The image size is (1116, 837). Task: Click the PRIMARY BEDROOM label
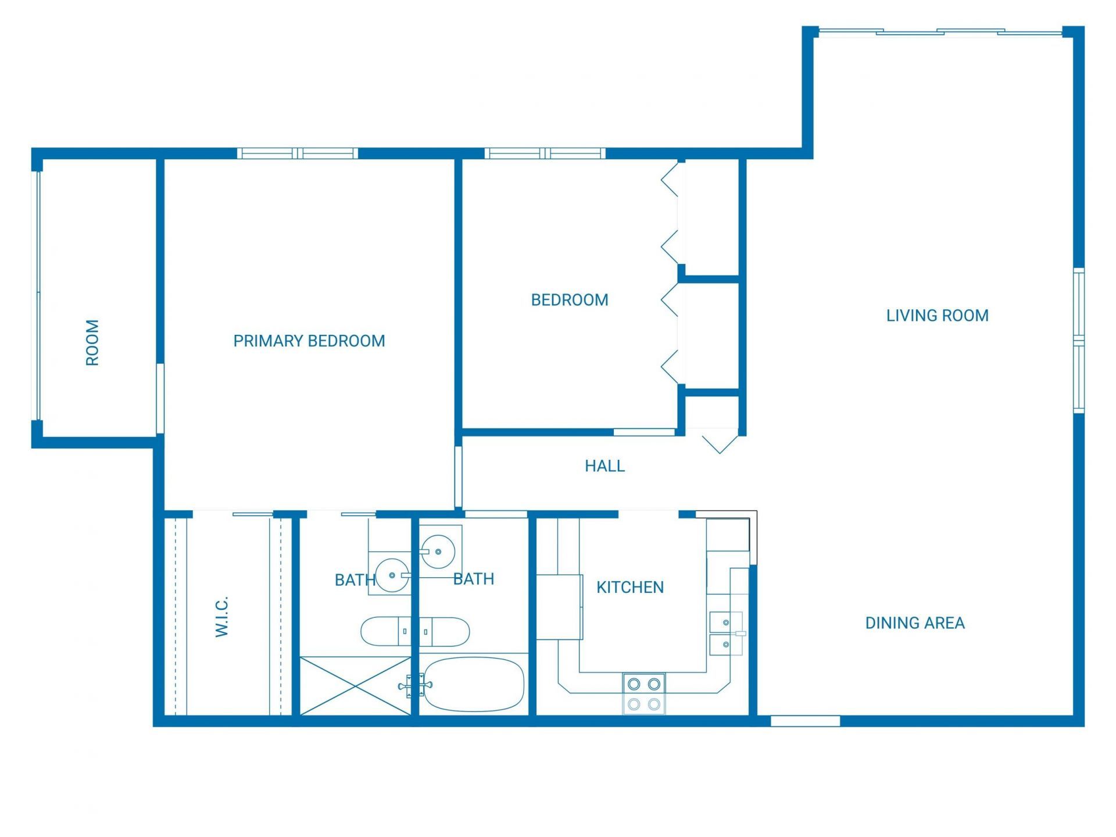(x=309, y=341)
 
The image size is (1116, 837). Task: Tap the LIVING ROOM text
(x=937, y=316)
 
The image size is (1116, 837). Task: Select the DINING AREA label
(x=914, y=623)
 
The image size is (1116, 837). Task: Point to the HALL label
(x=604, y=466)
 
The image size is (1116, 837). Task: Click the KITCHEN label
(x=629, y=587)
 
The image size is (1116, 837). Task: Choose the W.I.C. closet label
(x=222, y=616)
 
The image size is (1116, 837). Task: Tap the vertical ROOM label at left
(x=92, y=342)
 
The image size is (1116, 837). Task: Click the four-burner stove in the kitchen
(x=644, y=693)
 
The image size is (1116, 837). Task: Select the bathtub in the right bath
(x=474, y=684)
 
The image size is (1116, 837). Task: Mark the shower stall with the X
(x=355, y=686)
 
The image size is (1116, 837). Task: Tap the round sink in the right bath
(x=438, y=551)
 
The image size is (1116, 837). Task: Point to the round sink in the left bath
(x=392, y=575)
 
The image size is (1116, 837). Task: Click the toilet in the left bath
(x=381, y=631)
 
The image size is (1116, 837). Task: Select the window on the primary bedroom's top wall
(x=298, y=153)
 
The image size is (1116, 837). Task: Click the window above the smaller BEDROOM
(x=545, y=153)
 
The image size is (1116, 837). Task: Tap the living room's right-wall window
(x=1078, y=341)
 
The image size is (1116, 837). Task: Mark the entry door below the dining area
(x=805, y=721)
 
